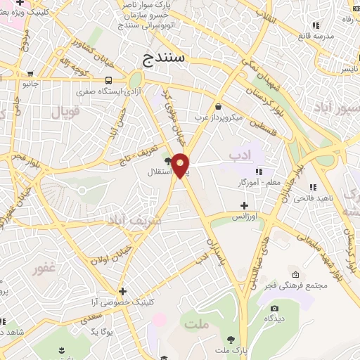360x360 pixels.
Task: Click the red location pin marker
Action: (181, 165)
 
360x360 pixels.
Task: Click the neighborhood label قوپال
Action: (66, 110)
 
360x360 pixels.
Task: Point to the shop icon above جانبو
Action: (30, 73)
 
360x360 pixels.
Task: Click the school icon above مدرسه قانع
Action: (316, 26)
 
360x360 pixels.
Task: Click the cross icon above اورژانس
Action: (244, 206)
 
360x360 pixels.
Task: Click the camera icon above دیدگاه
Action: (274, 308)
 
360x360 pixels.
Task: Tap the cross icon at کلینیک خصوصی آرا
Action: (123, 291)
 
